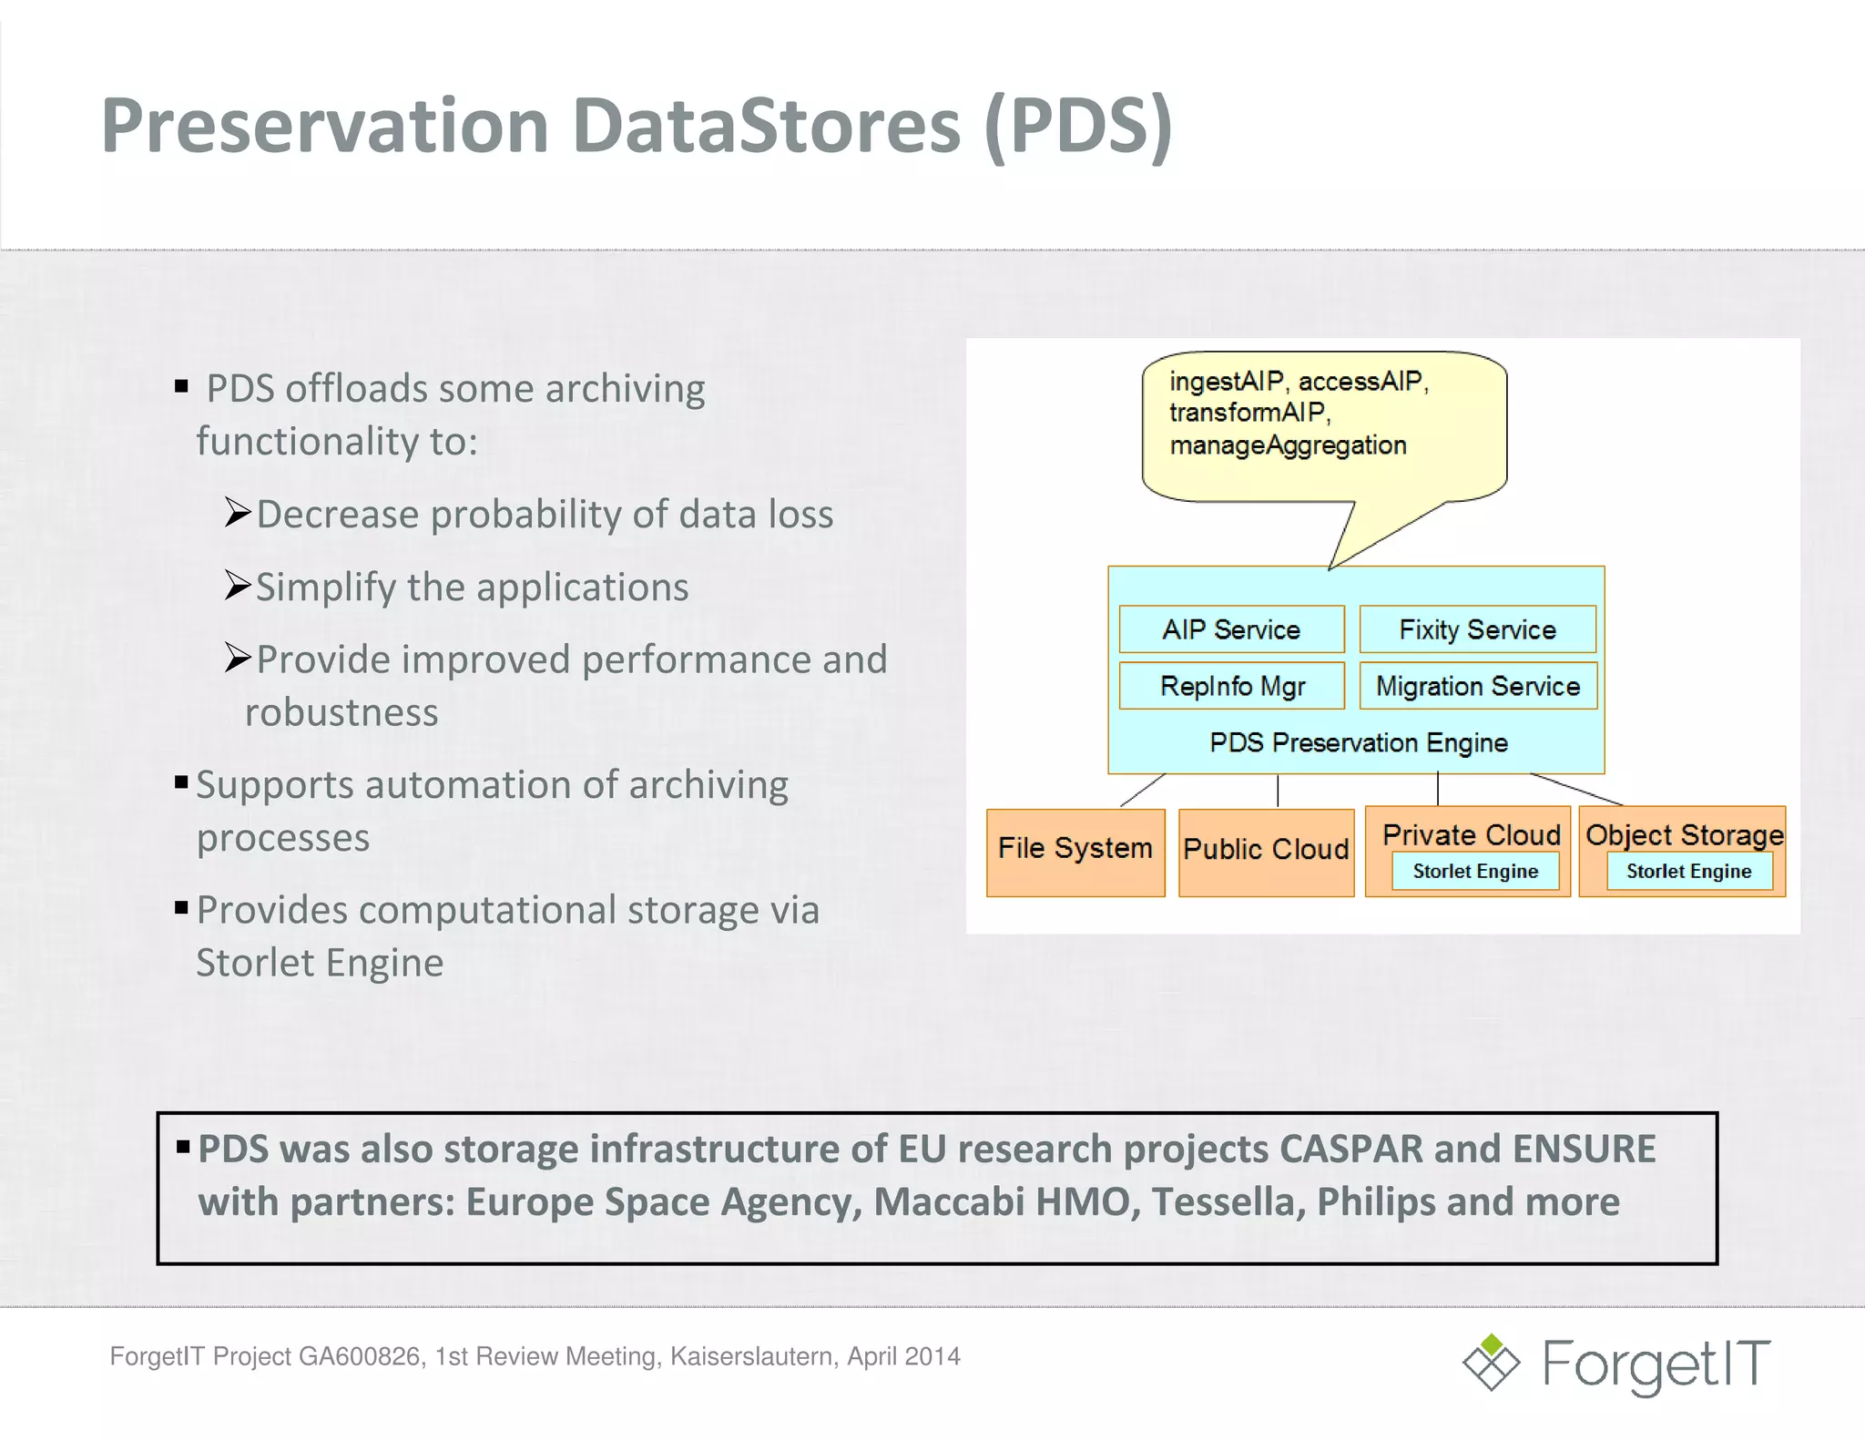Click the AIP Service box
1231,629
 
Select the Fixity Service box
1477,629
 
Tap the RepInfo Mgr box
1231,686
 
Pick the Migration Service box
1477,686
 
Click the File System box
1075,851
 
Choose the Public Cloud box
1266,851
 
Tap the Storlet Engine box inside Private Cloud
1475,872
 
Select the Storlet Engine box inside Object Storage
1688,872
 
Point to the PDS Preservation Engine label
1358,742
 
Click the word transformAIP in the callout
1248,413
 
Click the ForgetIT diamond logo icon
1491,1364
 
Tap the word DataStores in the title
766,126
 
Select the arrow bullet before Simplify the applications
237,586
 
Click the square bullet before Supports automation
181,782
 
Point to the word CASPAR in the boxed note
1350,1150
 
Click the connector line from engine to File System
1142,790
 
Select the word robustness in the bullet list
341,712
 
